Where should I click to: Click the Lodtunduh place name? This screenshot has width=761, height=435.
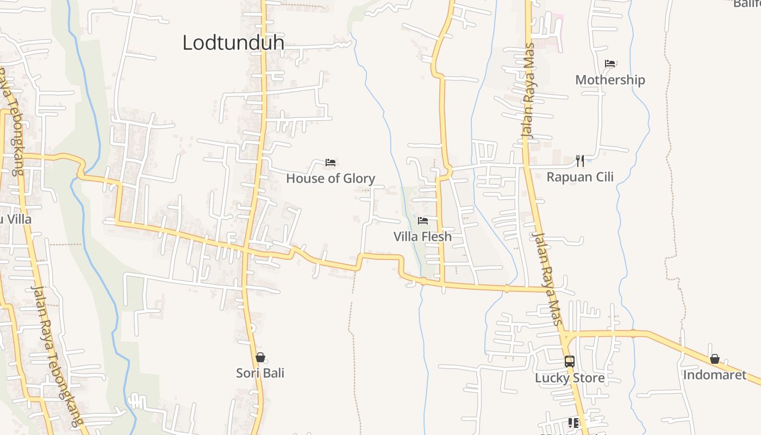pos(233,42)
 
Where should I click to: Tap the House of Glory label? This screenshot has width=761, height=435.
pos(330,178)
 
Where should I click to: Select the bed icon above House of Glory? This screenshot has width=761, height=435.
pos(330,163)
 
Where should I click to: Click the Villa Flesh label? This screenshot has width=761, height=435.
pos(422,237)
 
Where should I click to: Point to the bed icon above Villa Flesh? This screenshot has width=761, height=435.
pos(423,221)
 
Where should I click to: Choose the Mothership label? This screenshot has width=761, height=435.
pos(610,80)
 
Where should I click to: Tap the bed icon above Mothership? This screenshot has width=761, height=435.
pos(610,64)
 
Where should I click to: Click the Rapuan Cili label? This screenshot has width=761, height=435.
pos(580,177)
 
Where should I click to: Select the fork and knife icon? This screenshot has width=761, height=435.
pos(580,160)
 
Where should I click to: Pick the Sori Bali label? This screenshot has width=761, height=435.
pos(260,373)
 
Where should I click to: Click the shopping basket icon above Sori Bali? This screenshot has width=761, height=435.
pos(260,357)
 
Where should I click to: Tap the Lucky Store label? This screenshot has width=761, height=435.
pos(570,378)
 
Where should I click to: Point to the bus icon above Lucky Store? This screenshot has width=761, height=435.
pos(570,362)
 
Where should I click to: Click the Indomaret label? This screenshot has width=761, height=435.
pos(714,375)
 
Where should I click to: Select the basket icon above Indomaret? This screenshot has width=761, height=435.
pos(714,359)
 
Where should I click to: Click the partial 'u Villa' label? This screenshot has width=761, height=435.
pos(16,220)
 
